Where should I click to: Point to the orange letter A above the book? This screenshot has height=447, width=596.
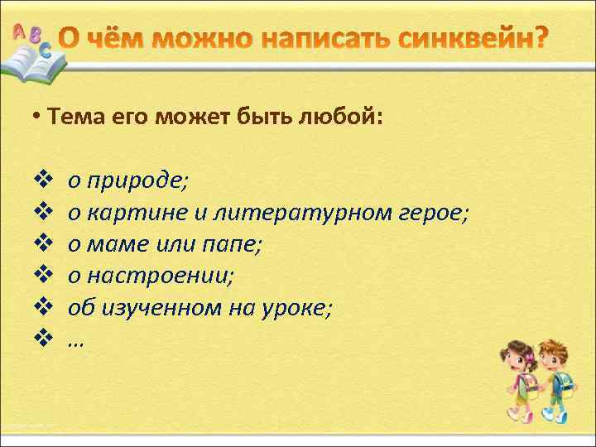click(x=18, y=31)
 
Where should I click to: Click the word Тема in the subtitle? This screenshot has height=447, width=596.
click(x=76, y=118)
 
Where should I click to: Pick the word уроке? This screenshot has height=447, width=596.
click(x=300, y=308)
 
